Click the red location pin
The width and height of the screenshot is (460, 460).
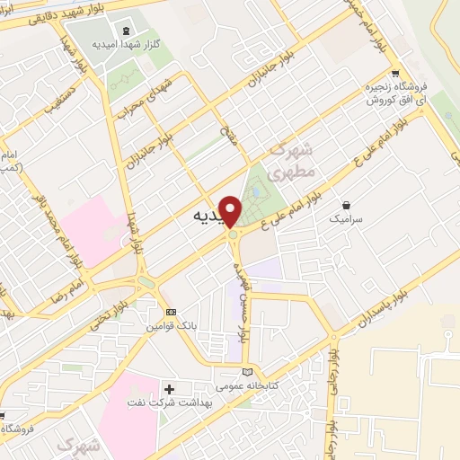click(x=231, y=211)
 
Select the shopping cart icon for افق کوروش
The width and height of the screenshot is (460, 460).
click(x=394, y=75)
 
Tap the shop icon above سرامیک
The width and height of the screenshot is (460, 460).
click(x=346, y=205)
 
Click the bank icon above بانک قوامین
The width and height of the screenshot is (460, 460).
click(x=172, y=312)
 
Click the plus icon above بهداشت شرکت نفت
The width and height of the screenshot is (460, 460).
click(x=170, y=389)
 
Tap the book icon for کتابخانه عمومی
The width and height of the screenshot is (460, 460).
click(x=249, y=372)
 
